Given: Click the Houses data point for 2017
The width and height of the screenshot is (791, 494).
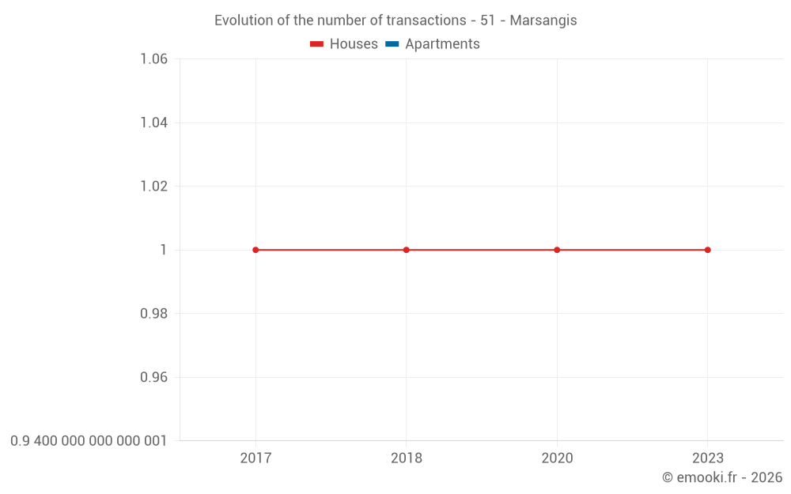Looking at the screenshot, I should pos(255,250).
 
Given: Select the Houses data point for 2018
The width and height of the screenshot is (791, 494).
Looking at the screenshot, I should pos(407,250).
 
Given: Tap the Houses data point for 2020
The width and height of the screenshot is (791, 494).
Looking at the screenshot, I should pos(557,250).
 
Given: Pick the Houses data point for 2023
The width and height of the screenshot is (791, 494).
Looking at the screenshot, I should pos(708,250).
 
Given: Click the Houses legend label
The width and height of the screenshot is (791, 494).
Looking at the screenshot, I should pos(354,44).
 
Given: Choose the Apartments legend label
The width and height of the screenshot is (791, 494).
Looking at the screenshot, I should pos(442,44).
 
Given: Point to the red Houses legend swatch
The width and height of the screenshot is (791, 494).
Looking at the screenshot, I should pos(317,44).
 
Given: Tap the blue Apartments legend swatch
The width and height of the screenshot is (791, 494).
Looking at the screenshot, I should pos(392,44).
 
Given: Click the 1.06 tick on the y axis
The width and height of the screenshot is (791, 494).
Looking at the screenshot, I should pos(153,59).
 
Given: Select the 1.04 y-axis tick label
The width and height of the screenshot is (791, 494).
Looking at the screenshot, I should pos(153,123).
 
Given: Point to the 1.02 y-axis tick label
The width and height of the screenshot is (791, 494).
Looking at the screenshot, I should pos(153,187).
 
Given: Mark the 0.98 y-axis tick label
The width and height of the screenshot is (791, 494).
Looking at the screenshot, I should pos(153,314).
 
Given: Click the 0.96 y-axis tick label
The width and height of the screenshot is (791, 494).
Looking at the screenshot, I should pos(153,377).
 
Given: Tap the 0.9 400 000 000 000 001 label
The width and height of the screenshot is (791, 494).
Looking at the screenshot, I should pos(89,441).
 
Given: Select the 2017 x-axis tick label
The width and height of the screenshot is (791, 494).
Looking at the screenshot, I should pos(255,458).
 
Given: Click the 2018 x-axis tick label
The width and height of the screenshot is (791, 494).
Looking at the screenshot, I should pos(407,458).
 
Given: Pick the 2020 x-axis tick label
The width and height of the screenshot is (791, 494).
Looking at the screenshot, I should pos(557,458).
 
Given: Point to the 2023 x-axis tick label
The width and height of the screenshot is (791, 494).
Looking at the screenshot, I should pos(708,458).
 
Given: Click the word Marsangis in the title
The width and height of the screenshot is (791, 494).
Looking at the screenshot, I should pos(543,21).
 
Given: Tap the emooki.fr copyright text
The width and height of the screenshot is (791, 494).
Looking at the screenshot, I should pos(722,477).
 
